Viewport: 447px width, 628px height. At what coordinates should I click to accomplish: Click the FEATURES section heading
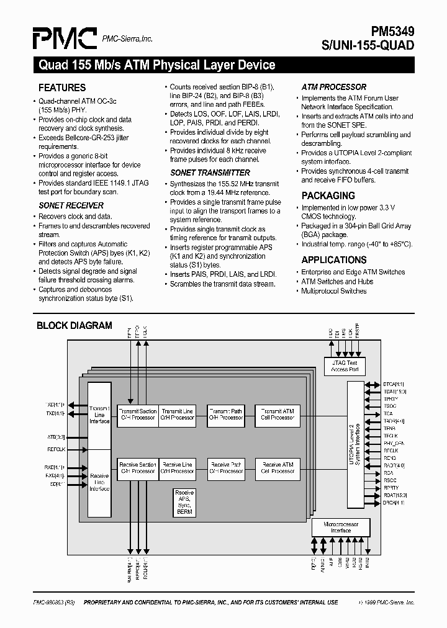tap(62, 88)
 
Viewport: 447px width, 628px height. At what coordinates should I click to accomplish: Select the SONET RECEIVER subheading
tap(71, 205)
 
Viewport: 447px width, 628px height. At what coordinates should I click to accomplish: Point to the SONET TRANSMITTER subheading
tap(210, 173)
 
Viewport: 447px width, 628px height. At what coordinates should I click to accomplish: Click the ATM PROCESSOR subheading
tap(334, 87)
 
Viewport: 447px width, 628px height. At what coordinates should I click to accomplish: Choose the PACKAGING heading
tap(328, 196)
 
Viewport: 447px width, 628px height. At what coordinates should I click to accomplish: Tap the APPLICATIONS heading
tap(334, 260)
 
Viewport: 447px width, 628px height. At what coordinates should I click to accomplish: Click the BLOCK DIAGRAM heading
tap(74, 325)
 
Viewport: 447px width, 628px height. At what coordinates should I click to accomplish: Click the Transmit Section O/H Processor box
tap(138, 415)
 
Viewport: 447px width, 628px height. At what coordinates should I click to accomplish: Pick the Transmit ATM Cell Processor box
tap(277, 415)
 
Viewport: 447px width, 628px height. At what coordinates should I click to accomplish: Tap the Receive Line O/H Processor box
tap(178, 468)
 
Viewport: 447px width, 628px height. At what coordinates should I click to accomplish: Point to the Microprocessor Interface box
tap(341, 527)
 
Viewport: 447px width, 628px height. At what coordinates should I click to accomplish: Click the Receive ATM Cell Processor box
tap(277, 468)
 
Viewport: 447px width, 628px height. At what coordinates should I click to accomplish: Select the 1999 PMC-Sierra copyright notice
tap(386, 602)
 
